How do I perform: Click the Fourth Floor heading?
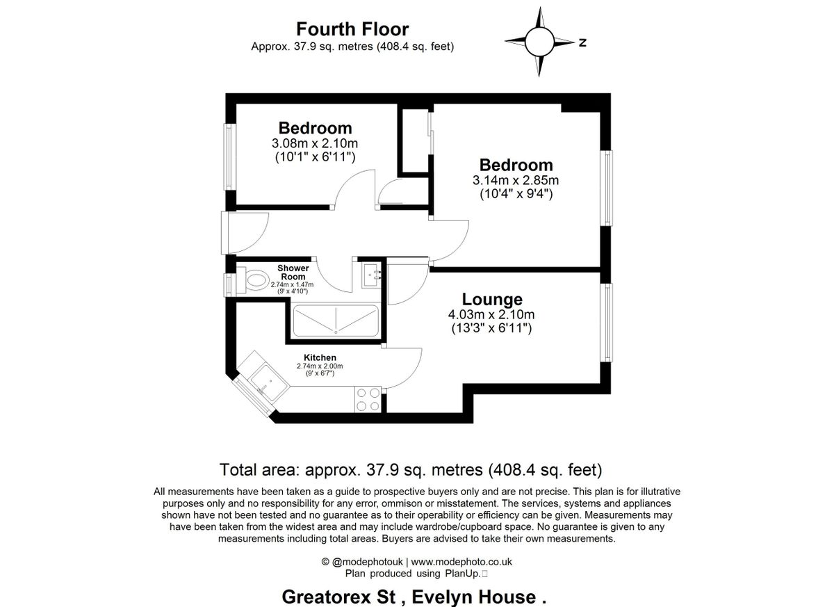(352, 29)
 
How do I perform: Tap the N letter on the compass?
(582, 43)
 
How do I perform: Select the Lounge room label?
(492, 300)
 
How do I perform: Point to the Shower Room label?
(293, 272)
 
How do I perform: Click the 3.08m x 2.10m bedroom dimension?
(315, 143)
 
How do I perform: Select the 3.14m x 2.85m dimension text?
(516, 181)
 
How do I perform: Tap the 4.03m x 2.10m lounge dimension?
(492, 315)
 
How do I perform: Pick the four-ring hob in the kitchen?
(368, 399)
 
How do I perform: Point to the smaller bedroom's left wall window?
(227, 156)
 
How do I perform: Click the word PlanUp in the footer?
(461, 574)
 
